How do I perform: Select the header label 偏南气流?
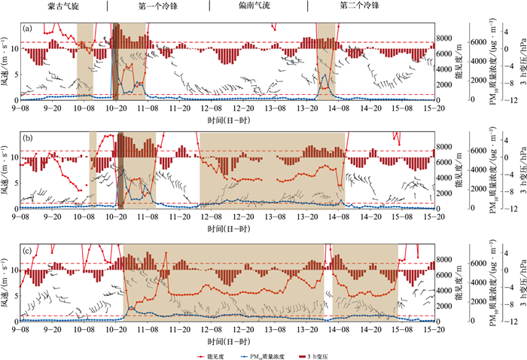(260, 6)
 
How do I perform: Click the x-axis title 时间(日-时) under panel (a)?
(228, 120)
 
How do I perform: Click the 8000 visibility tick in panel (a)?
(446, 38)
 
